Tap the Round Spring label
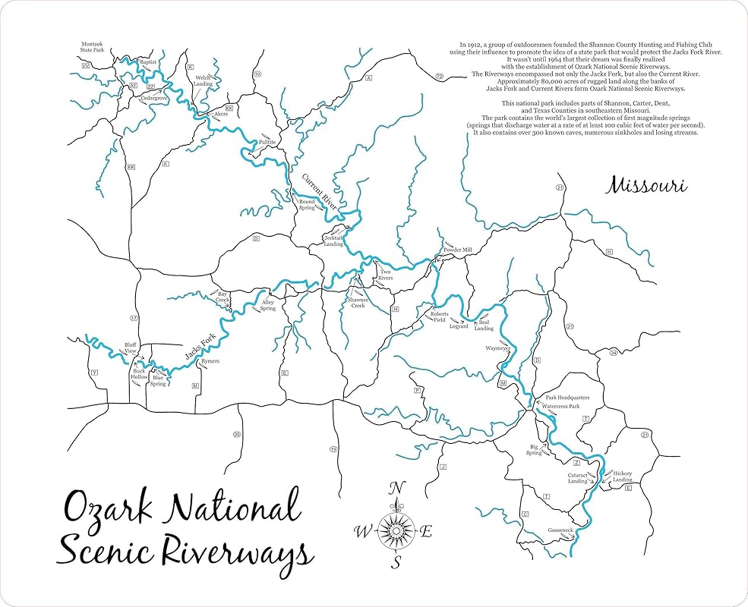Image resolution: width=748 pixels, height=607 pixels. [306, 205]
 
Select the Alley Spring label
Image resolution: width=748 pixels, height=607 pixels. [268, 305]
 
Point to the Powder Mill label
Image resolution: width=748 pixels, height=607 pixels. [458, 250]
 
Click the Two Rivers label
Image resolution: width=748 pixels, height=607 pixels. [386, 275]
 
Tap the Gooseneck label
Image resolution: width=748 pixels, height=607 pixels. [560, 530]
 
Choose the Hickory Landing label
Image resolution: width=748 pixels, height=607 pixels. [623, 477]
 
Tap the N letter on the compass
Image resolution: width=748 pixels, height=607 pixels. [396, 488]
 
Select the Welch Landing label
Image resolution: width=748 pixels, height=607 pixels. [203, 80]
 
